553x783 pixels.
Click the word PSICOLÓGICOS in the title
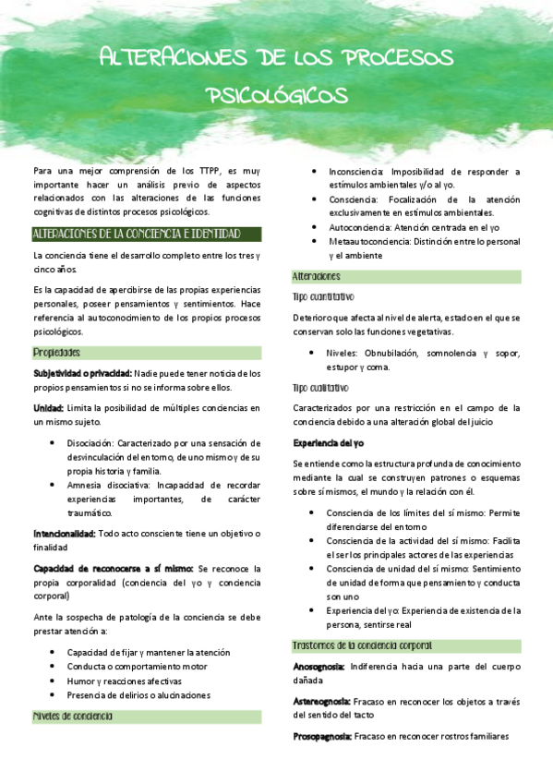pos(277,95)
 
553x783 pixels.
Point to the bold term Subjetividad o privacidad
pos(82,373)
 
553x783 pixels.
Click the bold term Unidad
pos(48,407)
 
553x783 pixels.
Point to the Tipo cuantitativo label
pos(324,297)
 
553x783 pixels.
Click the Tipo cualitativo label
pos(320,387)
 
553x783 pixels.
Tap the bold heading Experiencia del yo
pos(329,442)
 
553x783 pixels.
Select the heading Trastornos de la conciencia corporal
pos(362,645)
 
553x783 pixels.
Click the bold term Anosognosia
pos(319,666)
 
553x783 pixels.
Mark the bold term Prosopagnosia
pos(321,736)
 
